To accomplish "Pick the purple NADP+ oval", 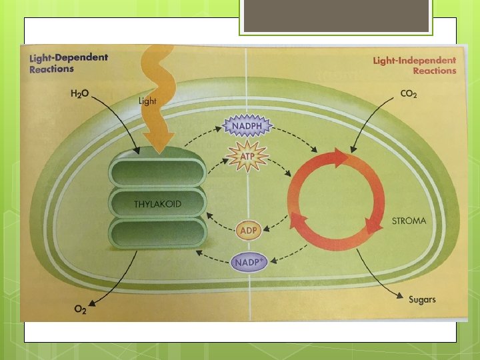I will point(249,261).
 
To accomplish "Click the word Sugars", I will point(422,299).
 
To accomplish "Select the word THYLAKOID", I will point(157,204).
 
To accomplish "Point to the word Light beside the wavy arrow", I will point(147,101).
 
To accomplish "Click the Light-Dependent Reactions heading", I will point(68,63).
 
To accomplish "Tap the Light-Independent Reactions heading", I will point(415,65).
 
